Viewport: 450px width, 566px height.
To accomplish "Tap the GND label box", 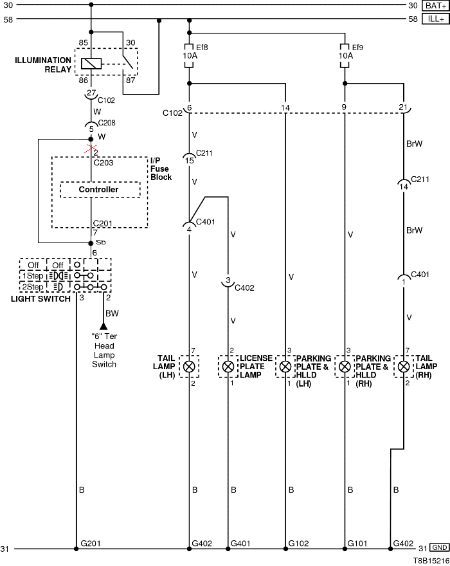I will coord(439,549).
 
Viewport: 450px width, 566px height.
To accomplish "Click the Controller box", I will coord(99,190).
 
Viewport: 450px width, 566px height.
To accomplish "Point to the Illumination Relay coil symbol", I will coord(91,64).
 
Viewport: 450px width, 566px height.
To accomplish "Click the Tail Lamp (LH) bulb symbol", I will coord(190,367).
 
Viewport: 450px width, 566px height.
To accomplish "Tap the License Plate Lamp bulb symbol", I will coord(229,367).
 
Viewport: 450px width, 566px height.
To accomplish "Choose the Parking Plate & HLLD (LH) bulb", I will coord(285,367).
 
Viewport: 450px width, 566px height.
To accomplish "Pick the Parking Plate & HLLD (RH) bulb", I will coord(345,367).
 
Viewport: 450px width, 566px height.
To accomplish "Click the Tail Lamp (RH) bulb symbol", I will coord(404,367).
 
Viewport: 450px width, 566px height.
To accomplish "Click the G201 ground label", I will coord(90,543).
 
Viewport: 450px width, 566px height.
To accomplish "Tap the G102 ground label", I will coord(299,543).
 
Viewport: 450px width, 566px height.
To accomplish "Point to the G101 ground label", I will coord(358,543).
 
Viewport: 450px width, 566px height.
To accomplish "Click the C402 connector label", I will coord(245,288).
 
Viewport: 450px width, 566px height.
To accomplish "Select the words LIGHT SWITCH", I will coord(41,299).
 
